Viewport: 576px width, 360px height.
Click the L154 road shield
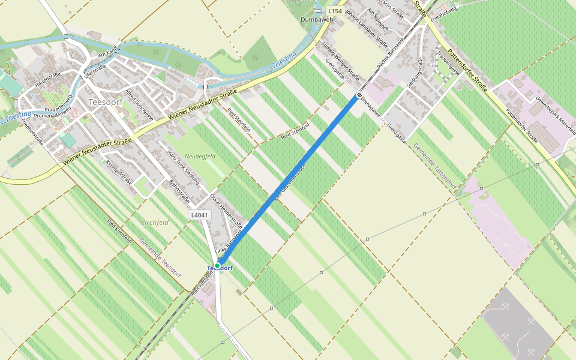(x=335, y=11)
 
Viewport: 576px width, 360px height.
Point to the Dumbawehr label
(x=317, y=20)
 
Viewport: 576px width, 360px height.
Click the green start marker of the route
(x=217, y=266)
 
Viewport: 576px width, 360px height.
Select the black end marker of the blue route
(x=359, y=96)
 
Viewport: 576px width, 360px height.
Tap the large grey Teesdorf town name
(x=105, y=102)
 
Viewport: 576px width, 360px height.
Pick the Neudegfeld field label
(x=200, y=156)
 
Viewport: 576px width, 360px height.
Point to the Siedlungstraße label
(x=415, y=73)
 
